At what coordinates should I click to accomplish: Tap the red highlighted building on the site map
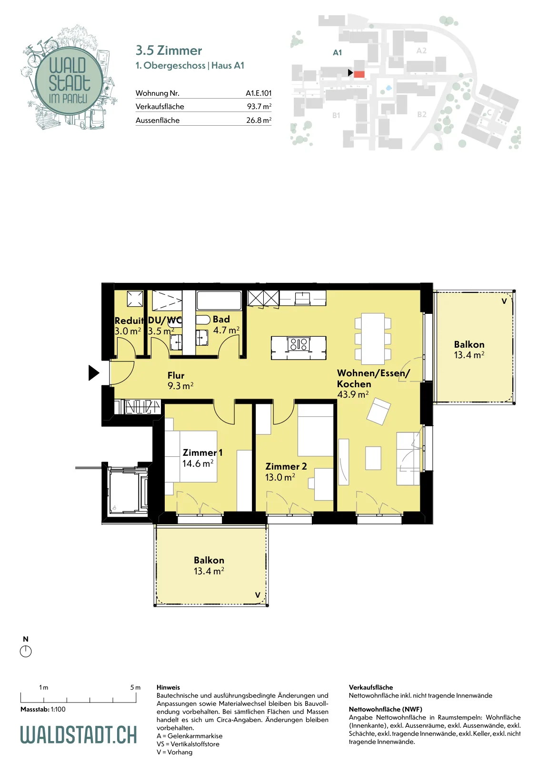[359, 74]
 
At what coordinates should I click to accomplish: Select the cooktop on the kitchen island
[299, 343]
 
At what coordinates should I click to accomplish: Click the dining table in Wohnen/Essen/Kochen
[373, 339]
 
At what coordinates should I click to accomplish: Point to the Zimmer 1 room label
[202, 452]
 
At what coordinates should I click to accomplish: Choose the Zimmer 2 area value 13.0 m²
[280, 477]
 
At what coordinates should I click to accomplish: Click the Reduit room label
[129, 321]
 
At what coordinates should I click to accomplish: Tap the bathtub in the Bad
[219, 300]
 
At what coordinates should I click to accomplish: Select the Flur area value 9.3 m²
[180, 386]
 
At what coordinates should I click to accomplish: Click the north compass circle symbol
[26, 652]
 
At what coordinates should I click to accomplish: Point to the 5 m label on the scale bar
[135, 688]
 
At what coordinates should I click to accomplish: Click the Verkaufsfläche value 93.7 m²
[259, 107]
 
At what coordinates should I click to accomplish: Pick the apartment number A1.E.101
[259, 93]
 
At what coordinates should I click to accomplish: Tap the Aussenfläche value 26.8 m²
[259, 120]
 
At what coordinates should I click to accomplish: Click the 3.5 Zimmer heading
[169, 50]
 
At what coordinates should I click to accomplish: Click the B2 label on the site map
[422, 114]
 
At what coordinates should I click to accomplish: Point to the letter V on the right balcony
[504, 301]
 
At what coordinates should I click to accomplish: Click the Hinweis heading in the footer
[169, 687]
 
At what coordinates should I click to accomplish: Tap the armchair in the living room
[379, 411]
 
